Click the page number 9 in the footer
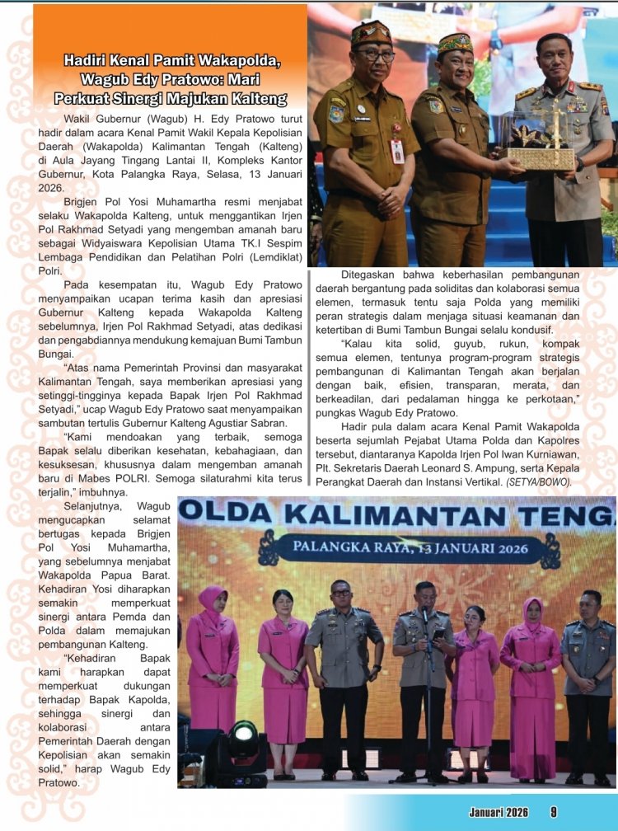(554, 812)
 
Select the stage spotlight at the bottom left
(243, 733)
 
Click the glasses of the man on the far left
(375, 54)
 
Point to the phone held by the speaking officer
(439, 634)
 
